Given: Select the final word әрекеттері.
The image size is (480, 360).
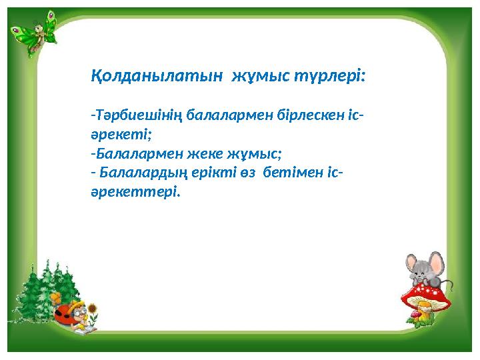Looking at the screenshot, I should pos(135,192).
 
